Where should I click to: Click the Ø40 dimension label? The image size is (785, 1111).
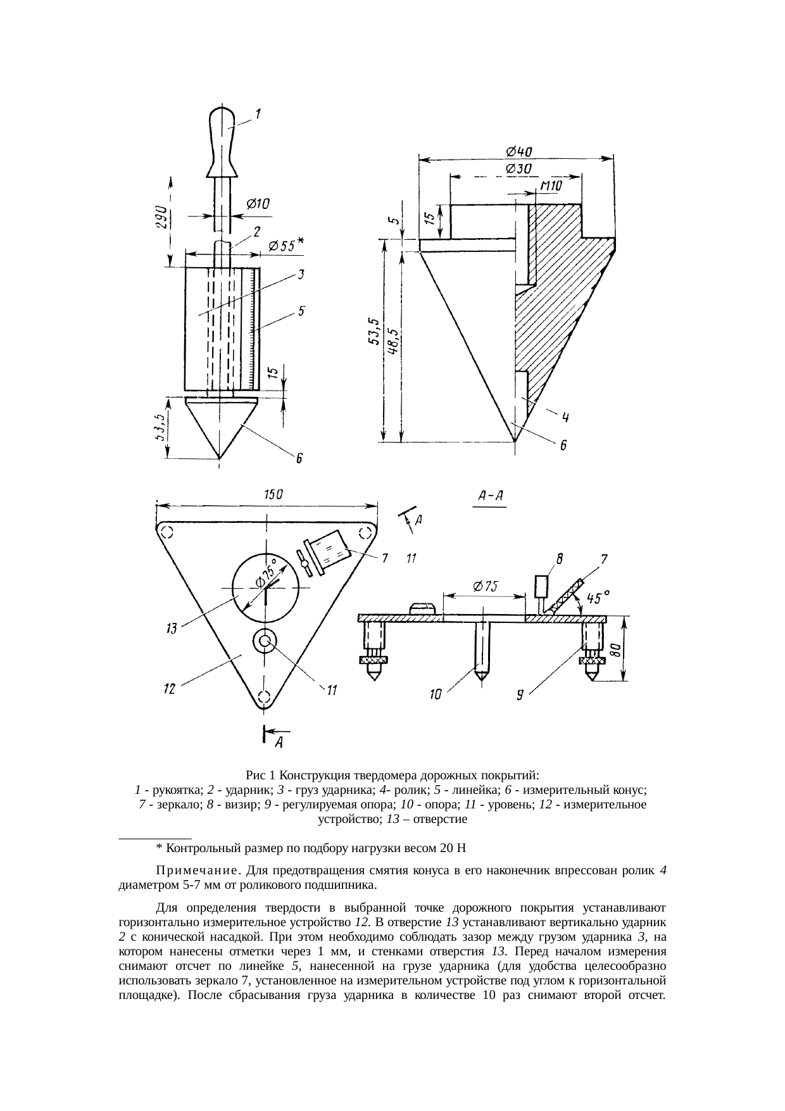pos(518,151)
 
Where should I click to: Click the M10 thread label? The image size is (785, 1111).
pos(551,185)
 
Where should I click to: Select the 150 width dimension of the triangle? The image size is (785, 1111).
pos(272,496)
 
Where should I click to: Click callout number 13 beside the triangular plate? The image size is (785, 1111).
pos(172,629)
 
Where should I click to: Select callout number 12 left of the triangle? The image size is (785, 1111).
pos(169,689)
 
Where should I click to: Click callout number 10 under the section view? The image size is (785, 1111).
pos(436,695)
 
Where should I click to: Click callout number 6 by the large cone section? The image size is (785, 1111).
pos(562,447)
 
